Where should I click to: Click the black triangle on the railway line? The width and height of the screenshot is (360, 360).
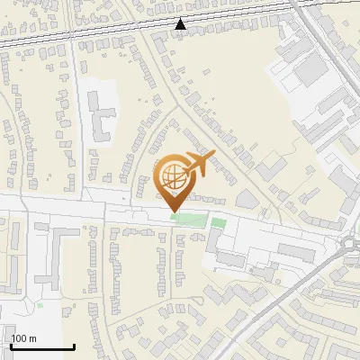point(181,24)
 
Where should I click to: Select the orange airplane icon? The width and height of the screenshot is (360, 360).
point(197,164)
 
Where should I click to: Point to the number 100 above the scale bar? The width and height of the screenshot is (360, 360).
point(19,338)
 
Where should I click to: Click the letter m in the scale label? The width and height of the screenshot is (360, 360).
point(32,338)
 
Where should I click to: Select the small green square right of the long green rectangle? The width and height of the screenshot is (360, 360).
point(219,222)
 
